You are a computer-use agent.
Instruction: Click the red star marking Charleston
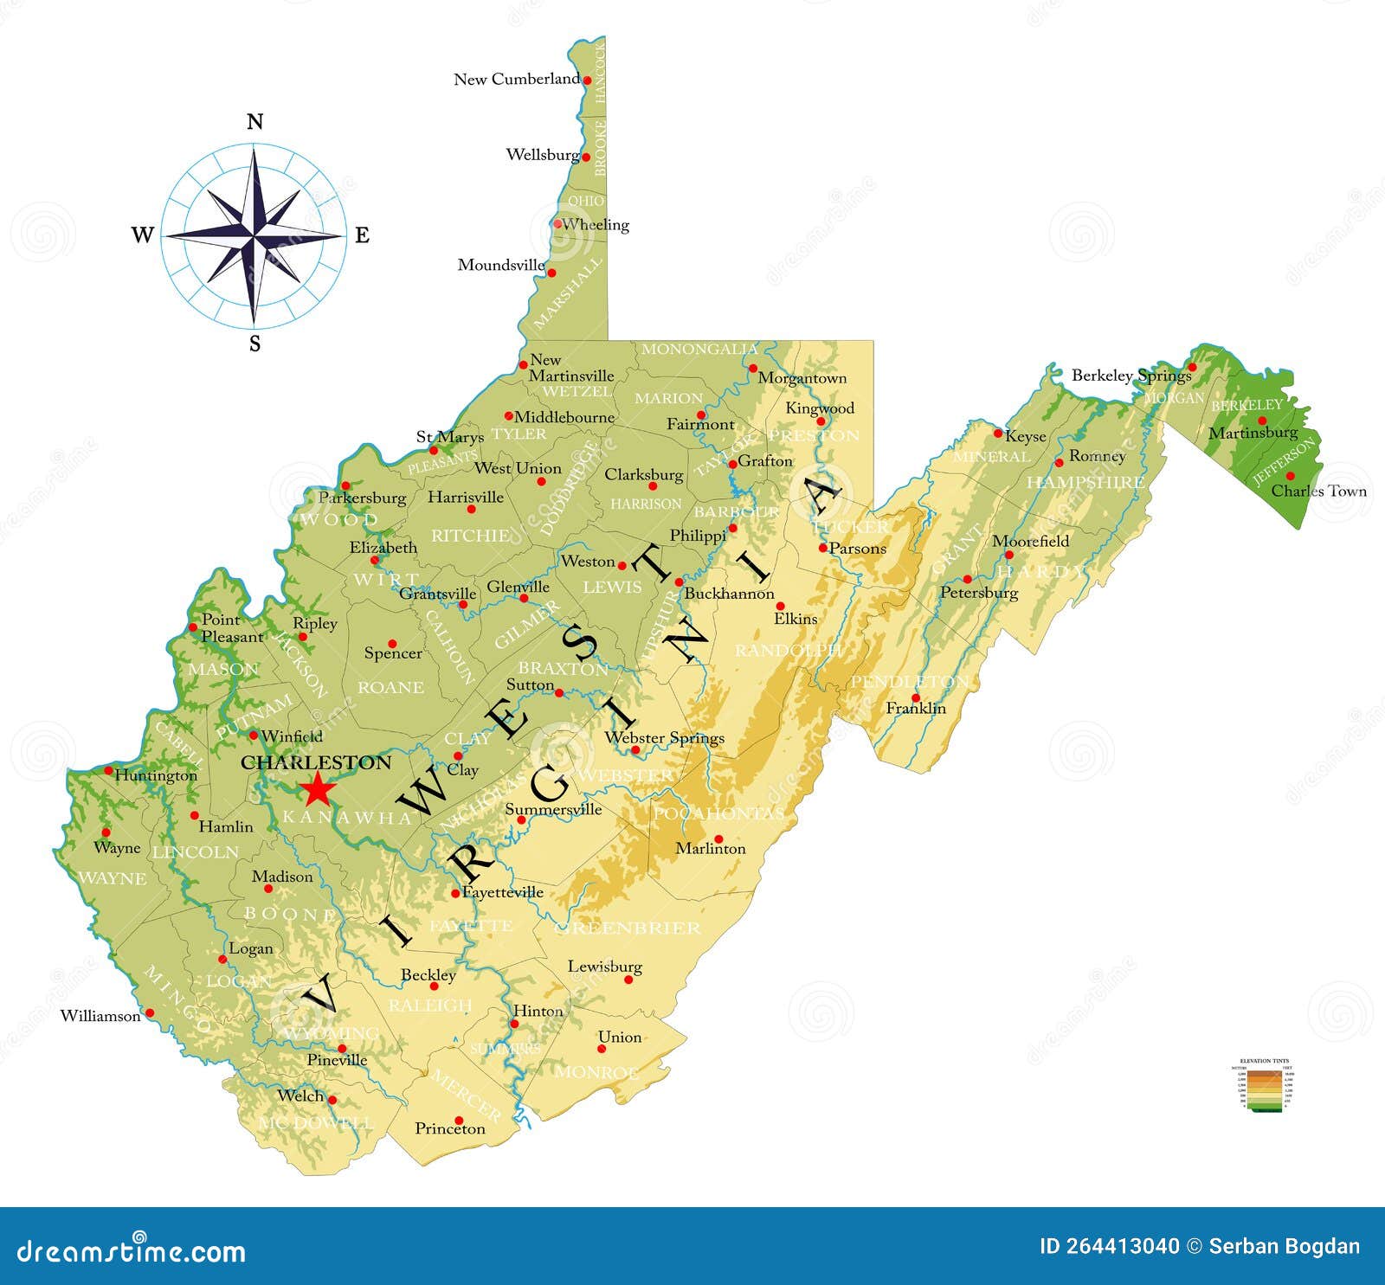[x=317, y=789]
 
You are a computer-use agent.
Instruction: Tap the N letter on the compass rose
[x=254, y=121]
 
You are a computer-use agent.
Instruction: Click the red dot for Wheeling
[x=557, y=223]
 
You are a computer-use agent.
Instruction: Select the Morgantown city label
[x=802, y=378]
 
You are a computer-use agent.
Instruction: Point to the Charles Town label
[x=1318, y=491]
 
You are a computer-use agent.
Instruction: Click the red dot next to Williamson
[x=149, y=1012]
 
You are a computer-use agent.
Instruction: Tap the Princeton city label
[x=450, y=1128]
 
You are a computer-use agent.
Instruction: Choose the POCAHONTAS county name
[x=718, y=813]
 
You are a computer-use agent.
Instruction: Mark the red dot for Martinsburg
[x=1262, y=421]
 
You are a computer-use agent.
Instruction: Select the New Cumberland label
[x=517, y=79]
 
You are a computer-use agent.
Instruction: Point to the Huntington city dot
[x=108, y=770]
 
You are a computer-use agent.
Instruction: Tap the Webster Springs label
[x=664, y=738]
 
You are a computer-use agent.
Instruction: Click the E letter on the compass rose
[x=362, y=235]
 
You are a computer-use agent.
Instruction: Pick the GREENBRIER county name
[x=627, y=928]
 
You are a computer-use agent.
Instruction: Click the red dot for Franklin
[x=915, y=697]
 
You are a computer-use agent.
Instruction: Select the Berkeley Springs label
[x=1131, y=376]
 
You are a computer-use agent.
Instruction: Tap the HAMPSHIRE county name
[x=1085, y=482]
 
